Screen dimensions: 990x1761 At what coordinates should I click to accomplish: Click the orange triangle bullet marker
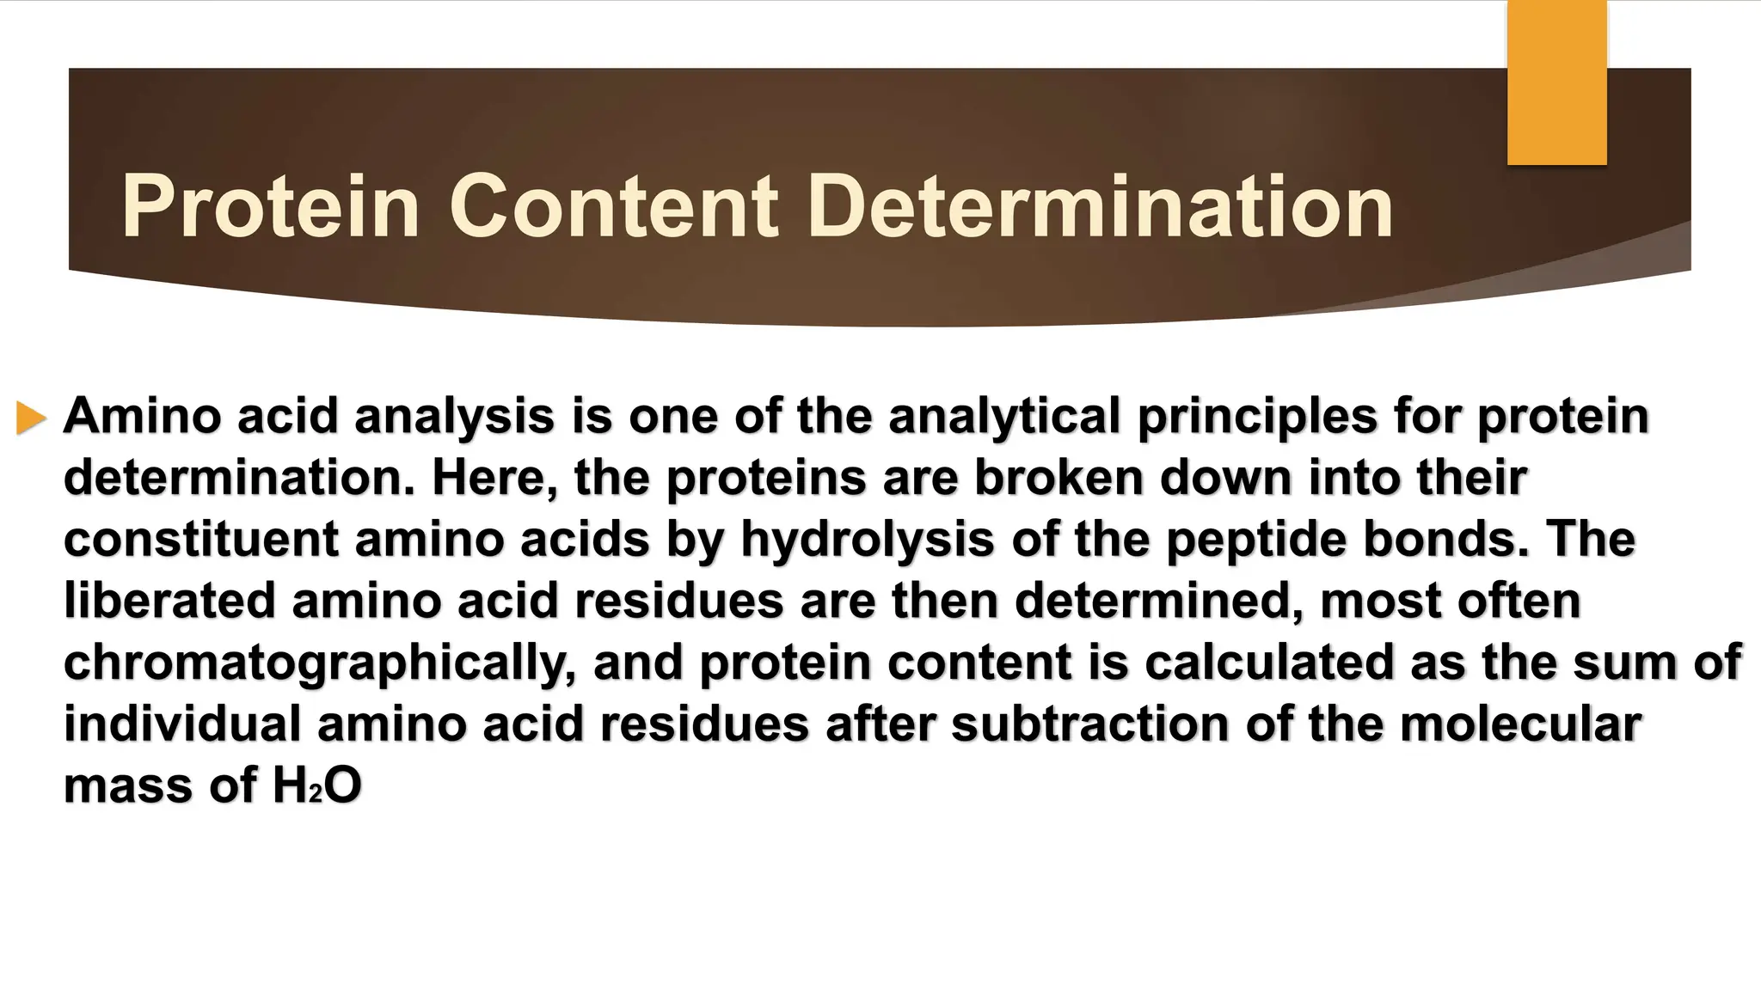(x=31, y=419)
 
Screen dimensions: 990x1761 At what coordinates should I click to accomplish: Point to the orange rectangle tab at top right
(x=1556, y=82)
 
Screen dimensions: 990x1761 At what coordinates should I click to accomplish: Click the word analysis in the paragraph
(x=454, y=417)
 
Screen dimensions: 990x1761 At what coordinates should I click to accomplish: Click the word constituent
(x=201, y=540)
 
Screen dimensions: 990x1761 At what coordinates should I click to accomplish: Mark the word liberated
(x=169, y=601)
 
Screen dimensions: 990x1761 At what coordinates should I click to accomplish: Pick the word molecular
(x=1520, y=724)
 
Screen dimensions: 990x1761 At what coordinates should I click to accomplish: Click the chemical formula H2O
(x=316, y=785)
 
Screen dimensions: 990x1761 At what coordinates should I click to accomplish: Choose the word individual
(x=182, y=724)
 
